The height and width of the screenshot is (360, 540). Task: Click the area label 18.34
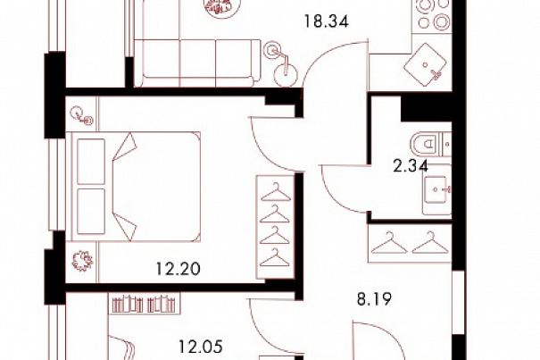coord(326,21)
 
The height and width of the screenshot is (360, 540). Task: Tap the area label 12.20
coord(178,269)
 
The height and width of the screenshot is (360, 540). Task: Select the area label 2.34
coord(411,166)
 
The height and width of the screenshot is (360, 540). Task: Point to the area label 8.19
coord(374,299)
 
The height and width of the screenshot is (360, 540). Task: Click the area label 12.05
coord(201,347)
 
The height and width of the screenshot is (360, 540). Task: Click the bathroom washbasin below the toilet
coord(436,189)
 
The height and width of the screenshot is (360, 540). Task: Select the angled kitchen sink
coord(426,64)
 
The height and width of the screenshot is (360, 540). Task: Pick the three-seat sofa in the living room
coord(197,63)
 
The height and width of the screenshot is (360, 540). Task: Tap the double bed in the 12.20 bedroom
coord(136,187)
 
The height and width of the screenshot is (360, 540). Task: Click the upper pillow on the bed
coord(91,162)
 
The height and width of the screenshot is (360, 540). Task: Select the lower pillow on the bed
coord(91,212)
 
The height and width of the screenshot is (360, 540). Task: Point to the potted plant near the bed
coord(82,260)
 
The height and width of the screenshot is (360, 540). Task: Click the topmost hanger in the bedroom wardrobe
coord(276,192)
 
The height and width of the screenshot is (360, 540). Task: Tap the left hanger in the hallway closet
coord(389,243)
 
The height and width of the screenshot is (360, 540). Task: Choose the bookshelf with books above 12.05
coord(144,304)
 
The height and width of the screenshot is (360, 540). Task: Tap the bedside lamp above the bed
coord(81,115)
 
